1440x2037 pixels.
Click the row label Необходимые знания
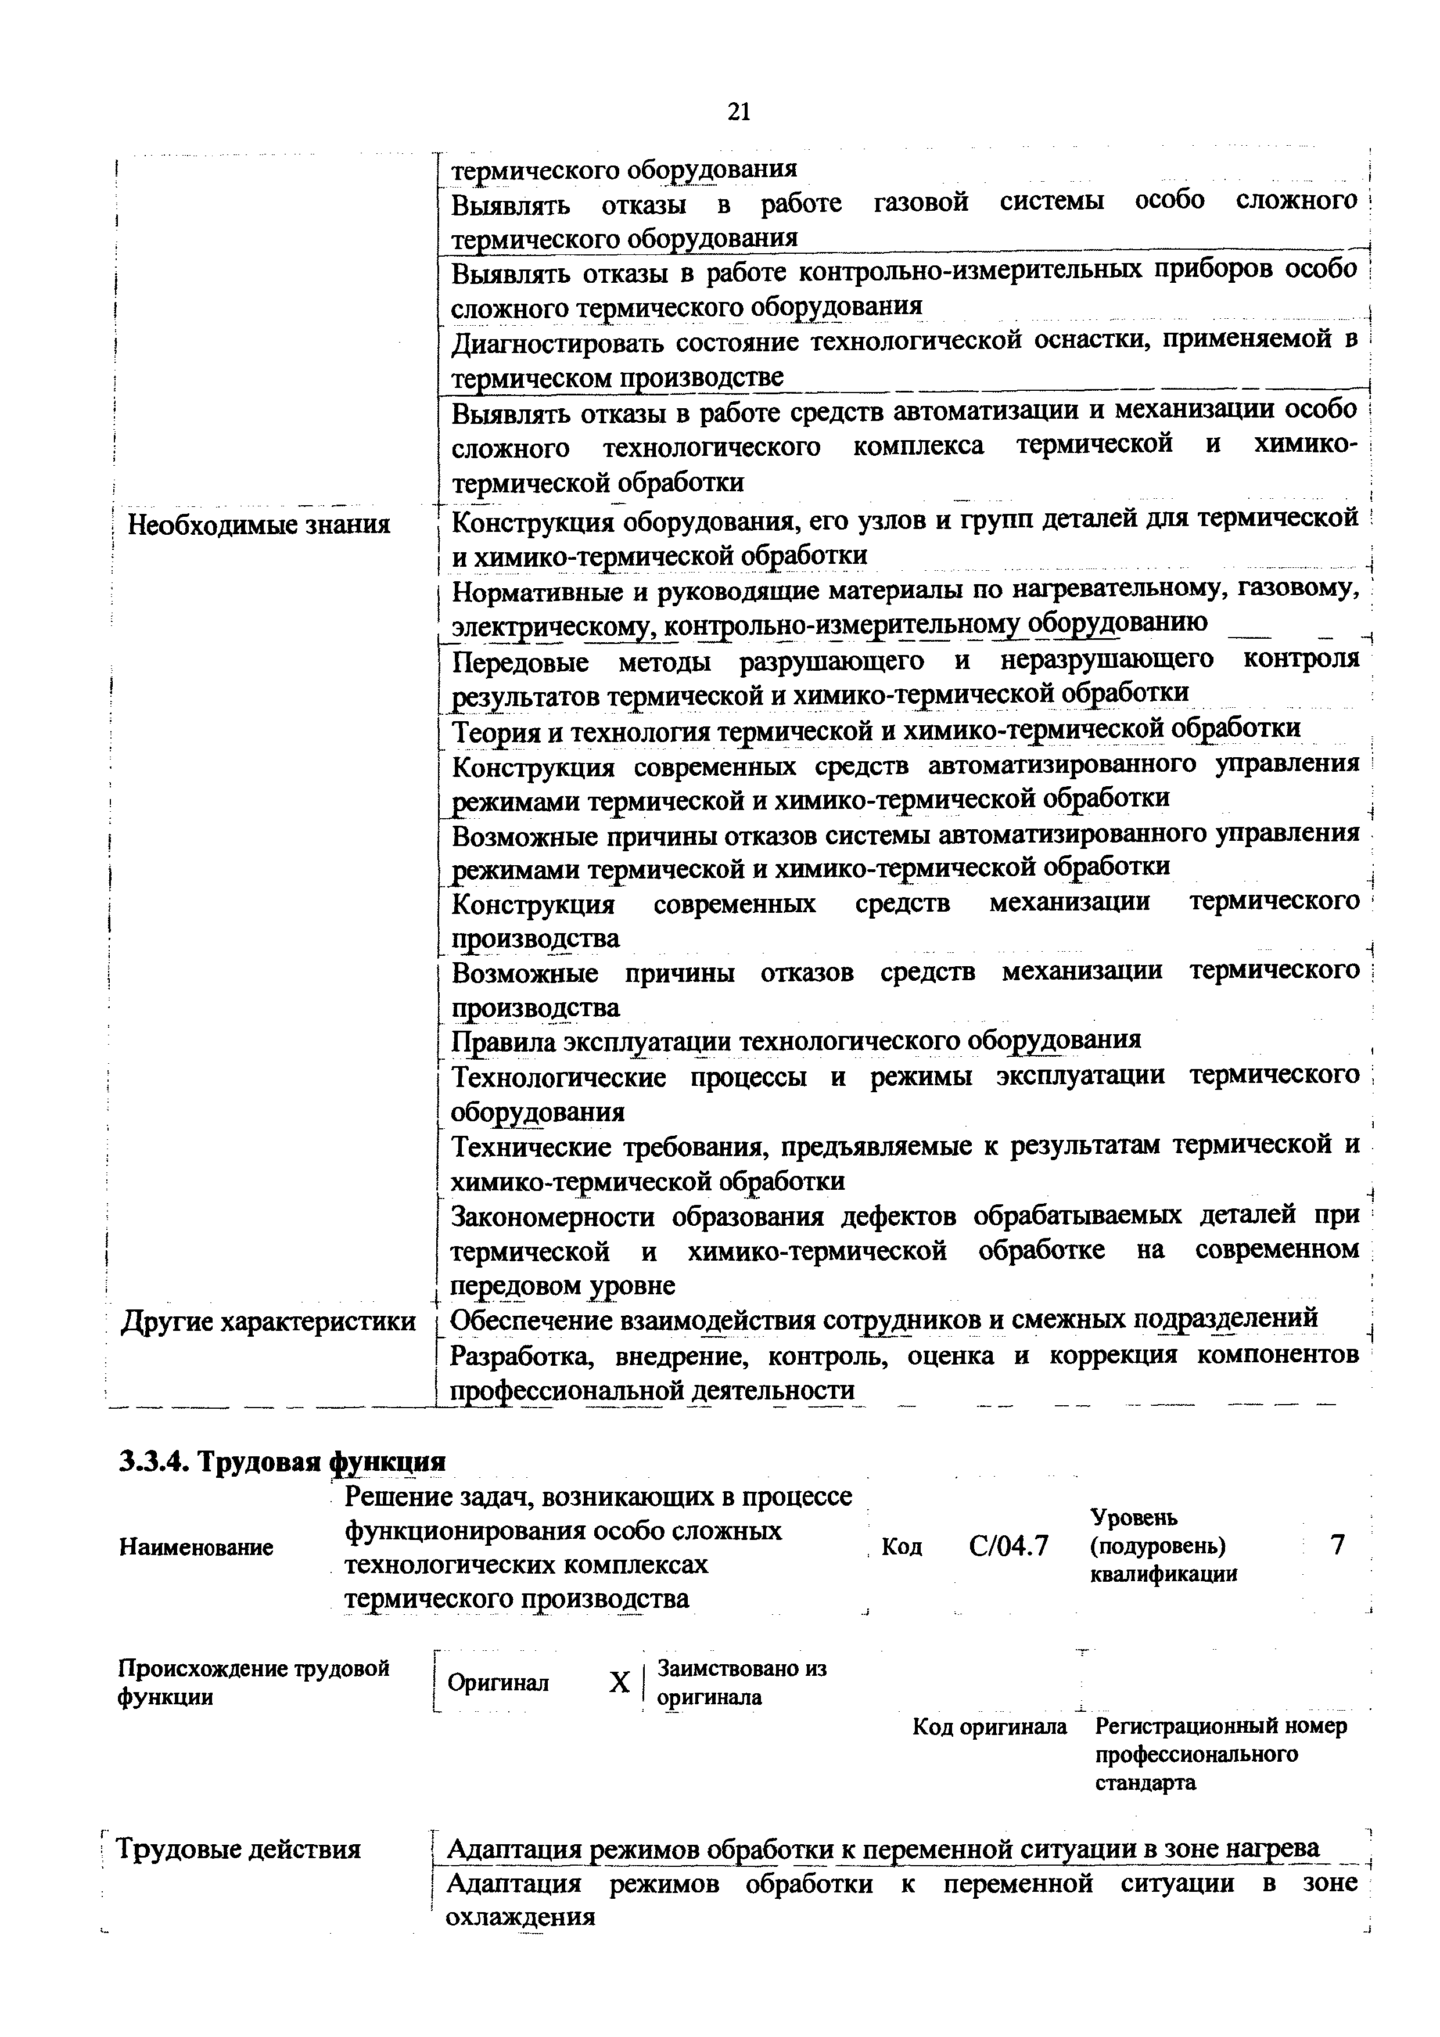click(259, 526)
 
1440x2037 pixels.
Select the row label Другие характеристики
click(268, 1321)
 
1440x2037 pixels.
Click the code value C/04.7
click(1009, 1546)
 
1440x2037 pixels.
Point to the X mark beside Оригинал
click(619, 1682)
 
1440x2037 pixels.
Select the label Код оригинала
click(989, 1751)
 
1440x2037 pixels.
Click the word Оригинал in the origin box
click(498, 1682)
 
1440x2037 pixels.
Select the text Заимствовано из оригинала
click(741, 1682)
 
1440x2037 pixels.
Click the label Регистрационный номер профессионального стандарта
click(1221, 1779)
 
